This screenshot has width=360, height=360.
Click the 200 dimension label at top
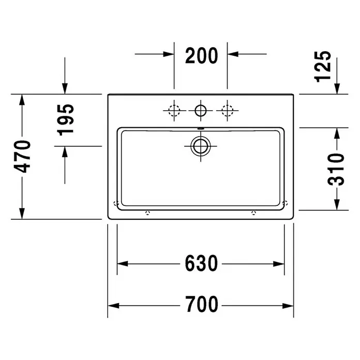tap(201, 55)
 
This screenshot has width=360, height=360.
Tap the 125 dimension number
tap(323, 66)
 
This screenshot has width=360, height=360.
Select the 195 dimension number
tap(66, 120)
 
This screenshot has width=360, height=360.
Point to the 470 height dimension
tap(22, 157)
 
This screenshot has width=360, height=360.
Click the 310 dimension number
tap(336, 170)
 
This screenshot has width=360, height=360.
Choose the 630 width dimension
tap(201, 263)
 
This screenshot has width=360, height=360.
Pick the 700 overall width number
tap(202, 304)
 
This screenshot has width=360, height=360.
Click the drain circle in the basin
tap(201, 146)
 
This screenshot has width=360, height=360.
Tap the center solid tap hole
tap(201, 111)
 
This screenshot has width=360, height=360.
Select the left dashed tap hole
tap(174, 111)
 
